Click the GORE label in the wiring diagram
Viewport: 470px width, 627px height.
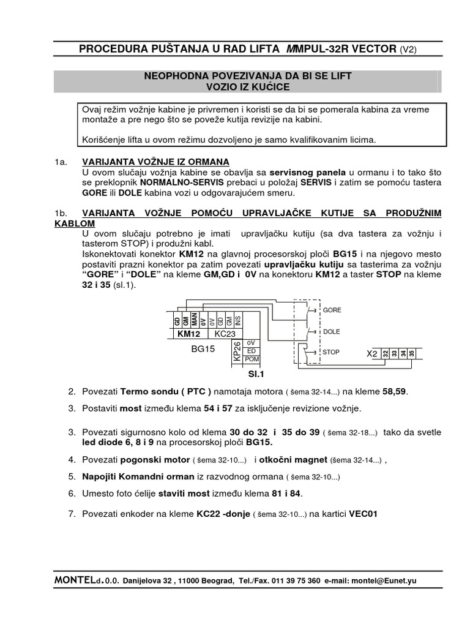pyautogui.click(x=332, y=310)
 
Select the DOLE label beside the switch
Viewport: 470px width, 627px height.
pyautogui.click(x=332, y=331)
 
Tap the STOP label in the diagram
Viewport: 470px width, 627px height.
pyautogui.click(x=331, y=353)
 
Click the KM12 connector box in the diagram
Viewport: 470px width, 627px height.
pyautogui.click(x=189, y=334)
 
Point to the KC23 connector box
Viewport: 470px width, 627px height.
pyautogui.click(x=225, y=334)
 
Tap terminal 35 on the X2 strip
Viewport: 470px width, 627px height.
pyautogui.click(x=412, y=353)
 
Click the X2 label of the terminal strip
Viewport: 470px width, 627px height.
pyautogui.click(x=371, y=354)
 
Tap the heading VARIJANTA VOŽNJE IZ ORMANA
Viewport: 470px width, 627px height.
pyautogui.click(x=155, y=162)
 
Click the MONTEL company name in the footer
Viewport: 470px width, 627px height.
pyautogui.click(x=77, y=580)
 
